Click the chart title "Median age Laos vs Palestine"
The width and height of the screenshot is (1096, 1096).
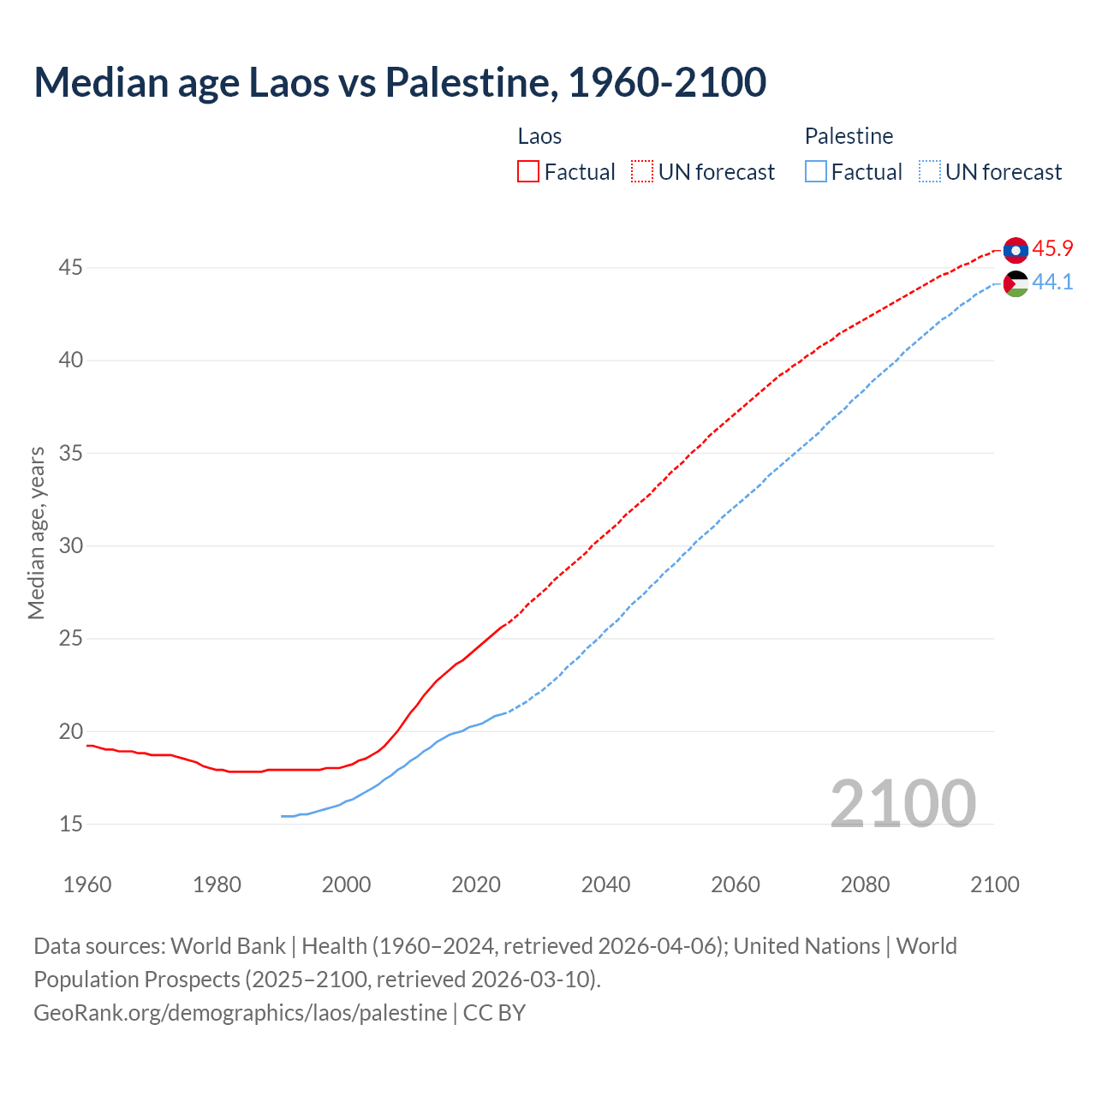click(399, 82)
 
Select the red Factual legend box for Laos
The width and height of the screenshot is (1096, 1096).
click(528, 172)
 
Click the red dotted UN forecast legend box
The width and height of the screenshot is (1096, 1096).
click(642, 172)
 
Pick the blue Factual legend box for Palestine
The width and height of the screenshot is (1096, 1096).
click(816, 172)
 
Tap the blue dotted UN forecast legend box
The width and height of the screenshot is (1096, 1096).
click(930, 172)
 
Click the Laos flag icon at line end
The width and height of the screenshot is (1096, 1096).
click(1016, 250)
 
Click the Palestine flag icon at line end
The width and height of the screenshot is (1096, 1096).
click(1016, 283)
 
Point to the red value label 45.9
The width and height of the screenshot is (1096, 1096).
click(1052, 249)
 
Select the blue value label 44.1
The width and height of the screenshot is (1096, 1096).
click(1052, 283)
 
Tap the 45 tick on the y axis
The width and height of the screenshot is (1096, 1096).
click(71, 268)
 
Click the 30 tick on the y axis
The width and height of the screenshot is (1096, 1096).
click(71, 546)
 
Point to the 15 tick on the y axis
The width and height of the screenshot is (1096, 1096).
click(71, 825)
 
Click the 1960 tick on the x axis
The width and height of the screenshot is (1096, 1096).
click(87, 885)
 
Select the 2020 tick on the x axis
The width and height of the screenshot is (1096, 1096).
click(476, 885)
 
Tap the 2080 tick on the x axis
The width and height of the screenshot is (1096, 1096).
click(865, 885)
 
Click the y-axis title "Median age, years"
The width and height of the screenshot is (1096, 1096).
click(36, 533)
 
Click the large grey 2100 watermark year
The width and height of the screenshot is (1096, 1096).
click(902, 803)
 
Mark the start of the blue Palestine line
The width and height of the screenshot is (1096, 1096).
click(282, 816)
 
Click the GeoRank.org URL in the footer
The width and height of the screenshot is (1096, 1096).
click(240, 1013)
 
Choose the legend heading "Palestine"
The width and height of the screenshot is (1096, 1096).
click(849, 136)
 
